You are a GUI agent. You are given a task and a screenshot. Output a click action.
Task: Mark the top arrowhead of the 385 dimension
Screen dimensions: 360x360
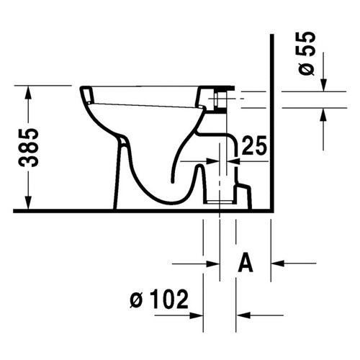pos(30,90)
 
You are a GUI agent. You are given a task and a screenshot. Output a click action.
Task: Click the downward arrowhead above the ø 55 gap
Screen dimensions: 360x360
pos(323,85)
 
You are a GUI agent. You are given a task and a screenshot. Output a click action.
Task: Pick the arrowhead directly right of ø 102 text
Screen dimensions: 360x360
pos(197,315)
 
